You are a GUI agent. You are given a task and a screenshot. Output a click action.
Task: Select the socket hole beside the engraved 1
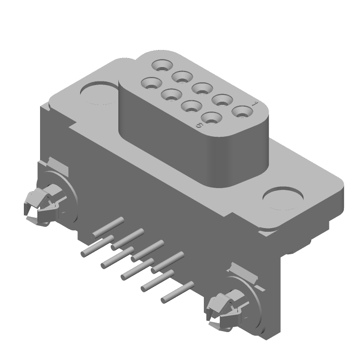pyautogui.click(x=242, y=111)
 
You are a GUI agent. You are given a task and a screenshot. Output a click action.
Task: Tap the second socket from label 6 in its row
pyautogui.click(x=191, y=107)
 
